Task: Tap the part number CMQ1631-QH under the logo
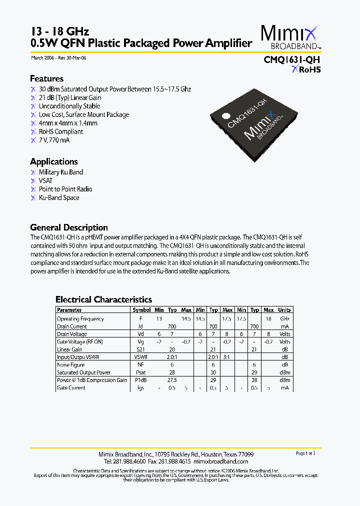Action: tap(292, 59)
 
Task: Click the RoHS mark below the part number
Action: tap(306, 70)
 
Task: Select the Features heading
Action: tap(46, 78)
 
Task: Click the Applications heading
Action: tap(54, 161)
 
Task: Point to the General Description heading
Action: tap(69, 227)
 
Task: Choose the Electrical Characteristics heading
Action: tap(103, 299)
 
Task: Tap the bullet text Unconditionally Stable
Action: tap(69, 106)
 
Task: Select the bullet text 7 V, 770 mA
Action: tap(54, 140)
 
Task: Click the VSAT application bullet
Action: tap(45, 180)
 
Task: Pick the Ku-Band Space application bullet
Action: tap(59, 197)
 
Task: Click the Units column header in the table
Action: tap(284, 310)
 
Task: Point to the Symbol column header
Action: tap(141, 310)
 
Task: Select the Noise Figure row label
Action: tap(70, 365)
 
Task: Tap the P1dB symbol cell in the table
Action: tap(141, 380)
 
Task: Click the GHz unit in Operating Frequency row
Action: tap(284, 318)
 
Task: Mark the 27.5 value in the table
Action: tap(172, 380)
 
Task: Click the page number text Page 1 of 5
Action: tap(306, 453)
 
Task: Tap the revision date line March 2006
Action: tap(58, 58)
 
